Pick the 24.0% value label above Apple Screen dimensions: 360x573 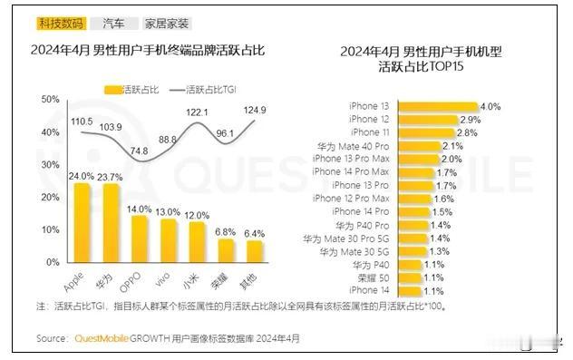pos(81,176)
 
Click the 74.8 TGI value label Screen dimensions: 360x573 pos(138,151)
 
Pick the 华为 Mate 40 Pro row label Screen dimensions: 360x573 pos(365,146)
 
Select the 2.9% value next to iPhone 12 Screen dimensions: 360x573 pos(469,120)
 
